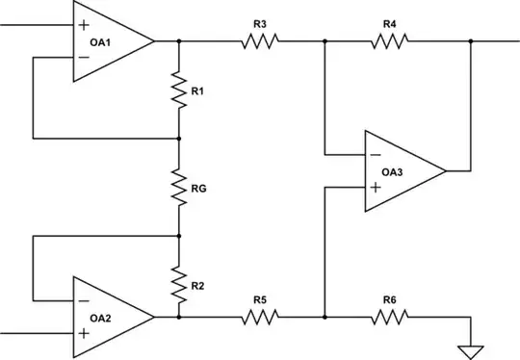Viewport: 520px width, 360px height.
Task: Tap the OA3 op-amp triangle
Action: tap(401, 170)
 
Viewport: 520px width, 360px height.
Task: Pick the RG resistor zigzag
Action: tap(179, 186)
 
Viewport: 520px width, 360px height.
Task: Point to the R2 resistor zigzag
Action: tap(179, 283)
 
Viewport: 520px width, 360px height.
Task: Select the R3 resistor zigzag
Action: tap(259, 41)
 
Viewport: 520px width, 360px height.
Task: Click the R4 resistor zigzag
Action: tap(390, 41)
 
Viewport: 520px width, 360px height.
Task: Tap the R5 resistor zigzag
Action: tap(259, 316)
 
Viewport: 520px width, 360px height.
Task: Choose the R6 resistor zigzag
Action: tap(390, 316)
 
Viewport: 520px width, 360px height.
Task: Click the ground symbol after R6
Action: tap(471, 348)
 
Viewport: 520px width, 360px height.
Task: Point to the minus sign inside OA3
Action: tap(375, 153)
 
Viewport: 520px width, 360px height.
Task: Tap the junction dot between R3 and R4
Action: tap(325, 41)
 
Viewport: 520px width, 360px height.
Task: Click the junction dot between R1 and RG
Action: tap(179, 138)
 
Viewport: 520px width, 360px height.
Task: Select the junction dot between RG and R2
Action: tap(179, 235)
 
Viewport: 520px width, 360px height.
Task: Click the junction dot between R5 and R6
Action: tap(325, 316)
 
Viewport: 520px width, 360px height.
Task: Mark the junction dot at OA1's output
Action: tap(179, 41)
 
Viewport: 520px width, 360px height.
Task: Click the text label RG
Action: tap(199, 189)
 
